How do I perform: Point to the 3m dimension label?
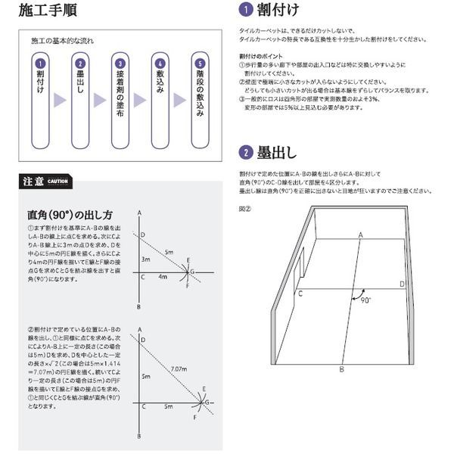tap(147, 259)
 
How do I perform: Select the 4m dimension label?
tap(162, 278)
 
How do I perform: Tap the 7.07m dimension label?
tap(179, 368)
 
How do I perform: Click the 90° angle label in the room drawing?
tap(366, 300)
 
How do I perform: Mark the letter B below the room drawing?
tap(342, 368)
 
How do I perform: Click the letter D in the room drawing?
tap(402, 284)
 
